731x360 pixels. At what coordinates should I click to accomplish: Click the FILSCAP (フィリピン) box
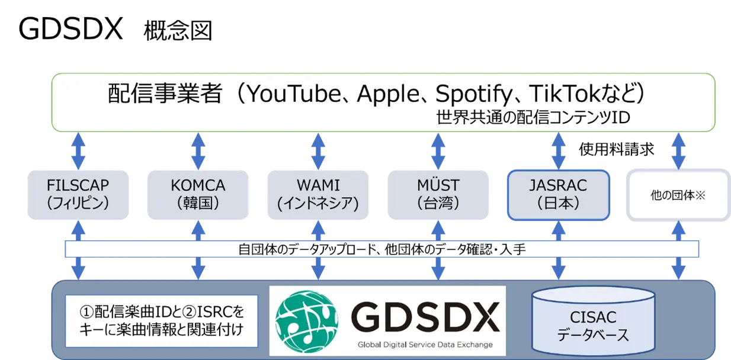78,195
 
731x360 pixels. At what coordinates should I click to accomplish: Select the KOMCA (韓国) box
198,195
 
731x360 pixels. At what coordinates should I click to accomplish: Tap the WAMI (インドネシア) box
318,195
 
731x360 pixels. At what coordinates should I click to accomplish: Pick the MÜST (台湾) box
438,195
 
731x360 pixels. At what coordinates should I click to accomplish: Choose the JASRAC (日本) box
559,195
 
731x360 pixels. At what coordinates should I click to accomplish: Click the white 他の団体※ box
678,195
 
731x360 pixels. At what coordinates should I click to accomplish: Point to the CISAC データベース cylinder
594,321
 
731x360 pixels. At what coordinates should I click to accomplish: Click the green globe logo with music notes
306,322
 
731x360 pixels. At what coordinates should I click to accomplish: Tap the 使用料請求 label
617,150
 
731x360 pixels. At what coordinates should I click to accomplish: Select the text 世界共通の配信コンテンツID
533,117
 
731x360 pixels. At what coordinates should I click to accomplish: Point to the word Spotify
474,95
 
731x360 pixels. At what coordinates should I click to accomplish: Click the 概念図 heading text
178,30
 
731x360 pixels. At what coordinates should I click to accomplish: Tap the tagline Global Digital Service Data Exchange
425,345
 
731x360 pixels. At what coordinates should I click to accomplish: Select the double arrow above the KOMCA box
198,151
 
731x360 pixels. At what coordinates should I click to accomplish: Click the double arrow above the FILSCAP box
78,151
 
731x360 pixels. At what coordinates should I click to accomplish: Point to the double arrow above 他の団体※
678,151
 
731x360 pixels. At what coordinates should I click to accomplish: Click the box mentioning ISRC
162,321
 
